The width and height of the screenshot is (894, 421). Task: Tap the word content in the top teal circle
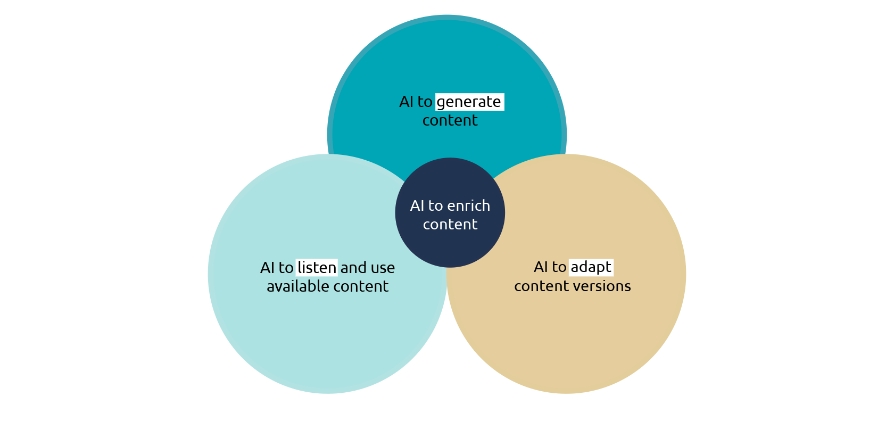pos(450,120)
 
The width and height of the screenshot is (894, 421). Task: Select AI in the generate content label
pos(407,102)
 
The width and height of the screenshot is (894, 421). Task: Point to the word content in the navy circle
pos(450,224)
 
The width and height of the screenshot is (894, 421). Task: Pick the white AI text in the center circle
pos(417,206)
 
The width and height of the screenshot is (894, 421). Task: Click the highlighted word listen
pos(317,267)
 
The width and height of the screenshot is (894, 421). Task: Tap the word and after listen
pos(353,268)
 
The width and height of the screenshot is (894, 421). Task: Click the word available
pos(298,286)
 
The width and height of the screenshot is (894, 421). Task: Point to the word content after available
pos(361,286)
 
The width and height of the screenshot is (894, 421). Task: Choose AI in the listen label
pos(267,268)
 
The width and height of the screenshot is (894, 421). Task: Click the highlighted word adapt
pos(591,267)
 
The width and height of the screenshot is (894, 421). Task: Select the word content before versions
pos(542,286)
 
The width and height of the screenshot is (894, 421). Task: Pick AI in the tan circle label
pos(541,267)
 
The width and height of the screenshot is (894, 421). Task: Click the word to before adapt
pos(559,267)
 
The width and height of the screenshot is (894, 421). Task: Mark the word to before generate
pos(425,102)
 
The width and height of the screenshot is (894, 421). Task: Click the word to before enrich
pos(436,207)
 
